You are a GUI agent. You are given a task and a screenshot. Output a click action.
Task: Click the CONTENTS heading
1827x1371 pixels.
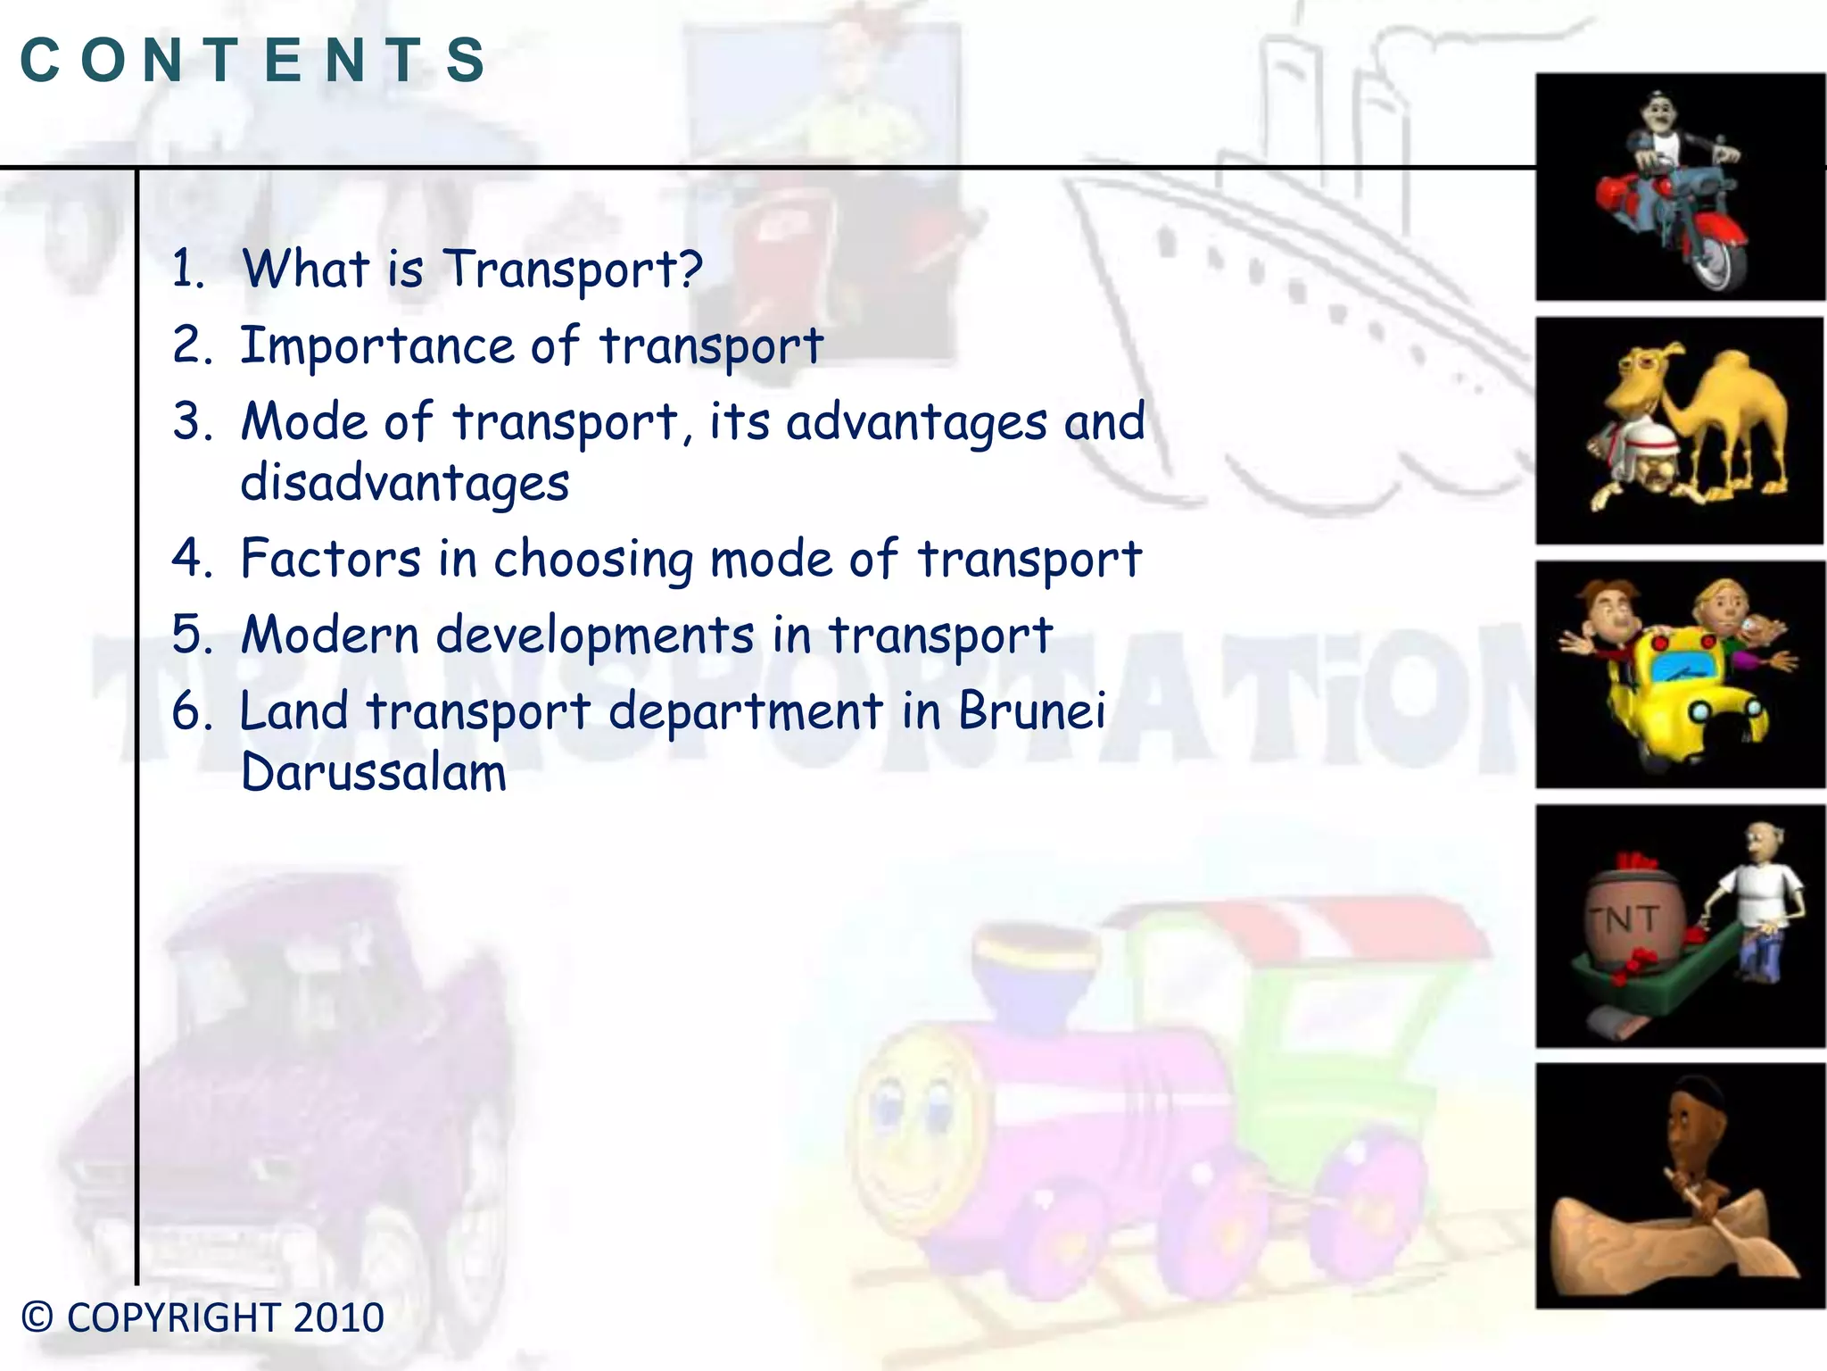tap(253, 61)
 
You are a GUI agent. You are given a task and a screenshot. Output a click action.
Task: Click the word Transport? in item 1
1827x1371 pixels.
tap(574, 270)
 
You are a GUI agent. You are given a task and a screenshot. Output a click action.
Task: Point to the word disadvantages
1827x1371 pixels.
tap(405, 484)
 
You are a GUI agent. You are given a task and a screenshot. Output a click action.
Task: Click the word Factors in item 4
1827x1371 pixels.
tap(330, 560)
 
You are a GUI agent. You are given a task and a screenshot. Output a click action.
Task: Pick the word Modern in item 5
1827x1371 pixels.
tap(330, 636)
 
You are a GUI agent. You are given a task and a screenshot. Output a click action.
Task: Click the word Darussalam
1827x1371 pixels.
tap(374, 773)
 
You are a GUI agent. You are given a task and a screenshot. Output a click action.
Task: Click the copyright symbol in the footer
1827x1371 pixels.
tap(37, 1317)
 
